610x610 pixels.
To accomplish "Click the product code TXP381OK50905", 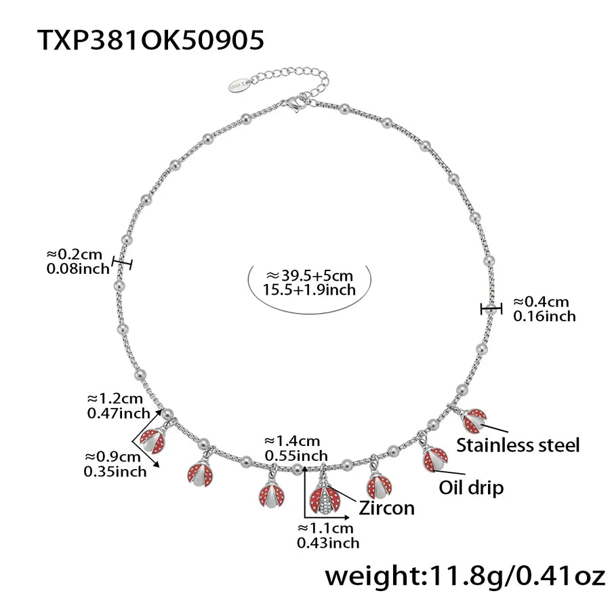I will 150,40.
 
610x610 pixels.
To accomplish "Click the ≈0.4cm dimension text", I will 541,302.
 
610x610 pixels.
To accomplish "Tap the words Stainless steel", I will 518,445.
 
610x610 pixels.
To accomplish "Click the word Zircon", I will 386,507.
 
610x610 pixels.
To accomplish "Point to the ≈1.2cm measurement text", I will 115,399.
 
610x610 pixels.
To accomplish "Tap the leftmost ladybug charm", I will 152,441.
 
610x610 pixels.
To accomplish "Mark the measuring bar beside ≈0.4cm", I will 491,309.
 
